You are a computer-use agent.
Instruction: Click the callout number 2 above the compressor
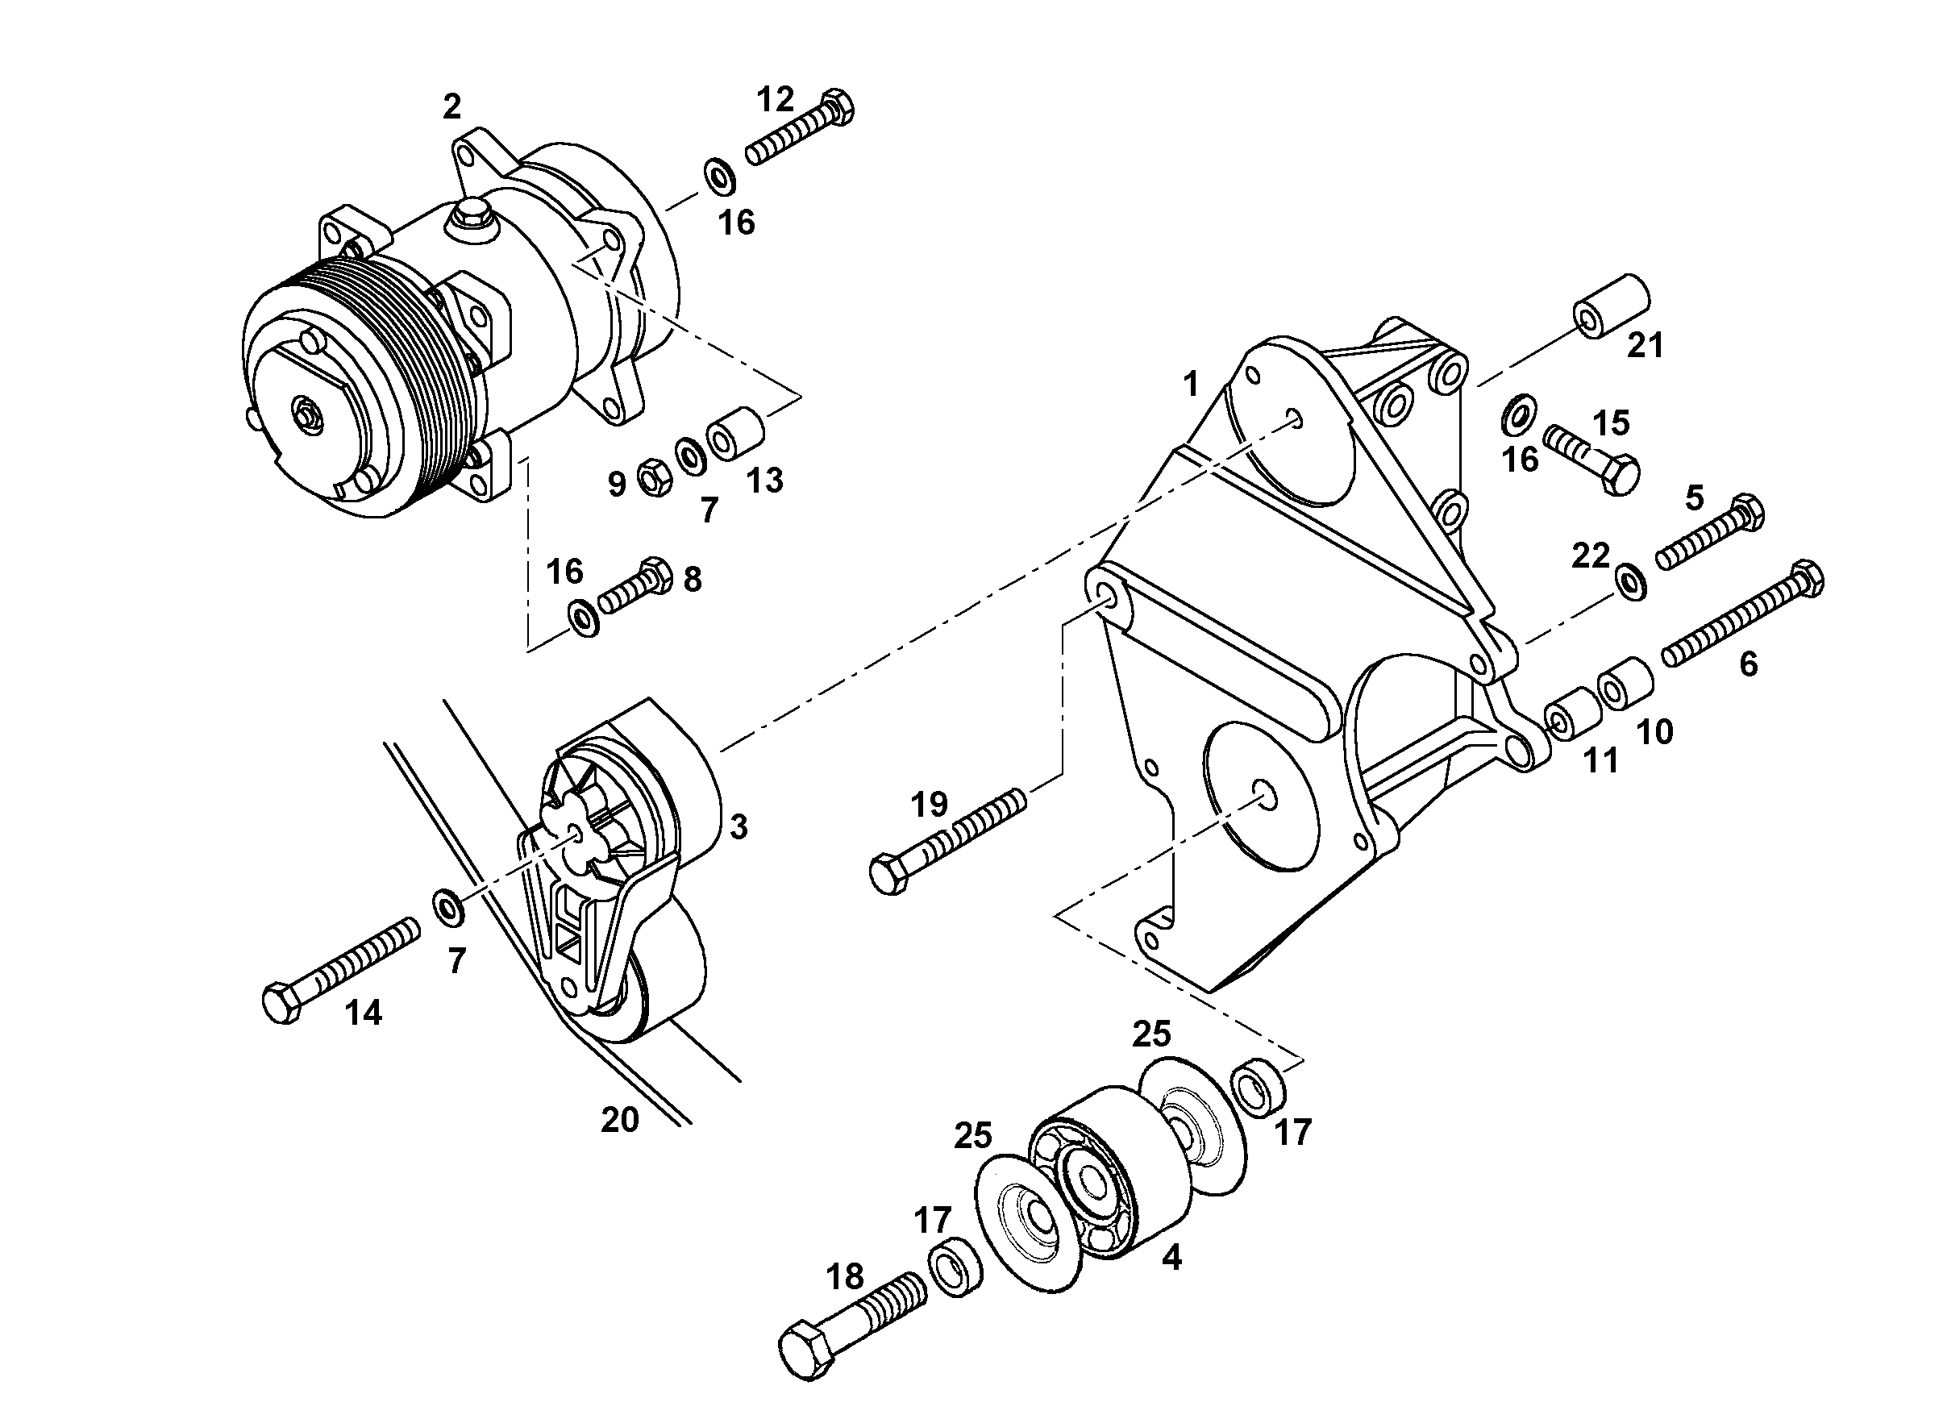[x=451, y=106]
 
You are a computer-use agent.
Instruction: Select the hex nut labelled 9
[x=655, y=476]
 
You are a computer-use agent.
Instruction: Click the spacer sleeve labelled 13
[x=735, y=434]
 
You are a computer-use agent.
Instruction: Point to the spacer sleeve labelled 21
[x=1612, y=306]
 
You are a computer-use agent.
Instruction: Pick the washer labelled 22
[x=1629, y=581]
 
